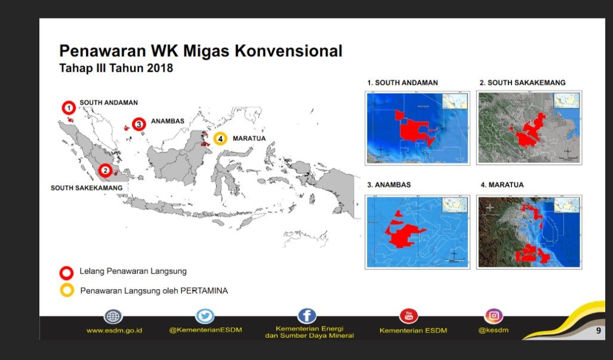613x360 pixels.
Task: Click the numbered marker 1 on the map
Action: [69, 107]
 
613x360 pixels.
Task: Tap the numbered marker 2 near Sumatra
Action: [105, 171]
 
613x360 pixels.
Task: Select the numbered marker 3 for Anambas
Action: [138, 124]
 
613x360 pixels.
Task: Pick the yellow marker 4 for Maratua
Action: [220, 139]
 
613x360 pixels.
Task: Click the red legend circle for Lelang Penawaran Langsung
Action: [67, 272]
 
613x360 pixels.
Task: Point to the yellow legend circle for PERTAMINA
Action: [67, 291]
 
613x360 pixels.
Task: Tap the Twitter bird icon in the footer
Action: [205, 317]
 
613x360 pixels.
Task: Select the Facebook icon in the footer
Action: [307, 316]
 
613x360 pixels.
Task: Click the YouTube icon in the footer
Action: [409, 316]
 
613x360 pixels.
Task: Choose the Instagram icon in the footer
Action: [493, 316]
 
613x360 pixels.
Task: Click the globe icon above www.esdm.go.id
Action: [113, 317]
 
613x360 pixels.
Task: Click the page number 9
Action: [598, 330]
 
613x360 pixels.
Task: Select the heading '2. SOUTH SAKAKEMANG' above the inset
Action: [522, 83]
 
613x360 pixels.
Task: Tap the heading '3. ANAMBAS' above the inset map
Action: [389, 185]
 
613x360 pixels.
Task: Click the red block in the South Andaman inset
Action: [412, 128]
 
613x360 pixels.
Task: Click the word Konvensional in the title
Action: [288, 51]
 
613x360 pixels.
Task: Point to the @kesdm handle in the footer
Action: [493, 331]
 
